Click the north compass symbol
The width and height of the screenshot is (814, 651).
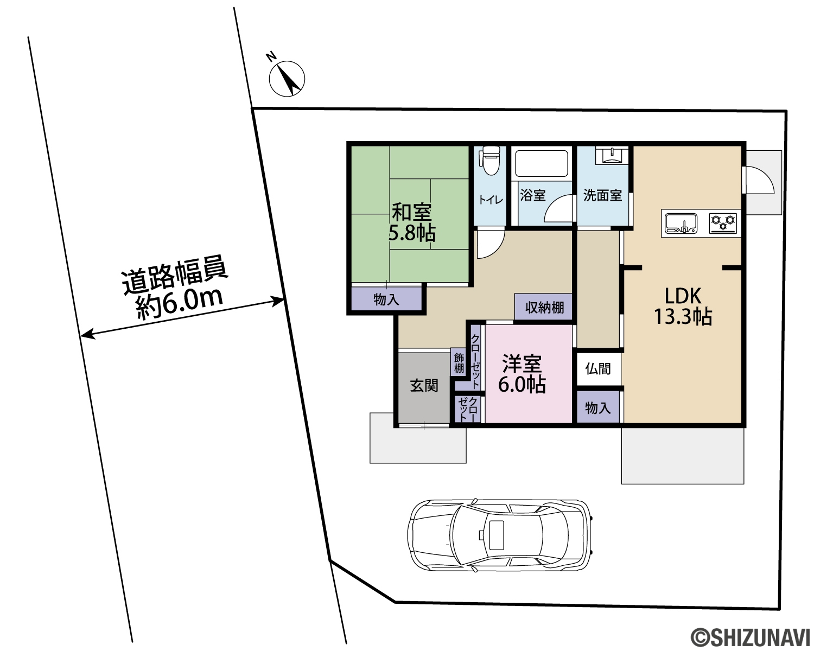click(287, 78)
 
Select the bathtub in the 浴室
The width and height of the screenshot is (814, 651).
click(542, 163)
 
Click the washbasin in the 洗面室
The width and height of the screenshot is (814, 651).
click(612, 155)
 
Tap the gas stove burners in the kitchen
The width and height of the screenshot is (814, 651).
click(723, 223)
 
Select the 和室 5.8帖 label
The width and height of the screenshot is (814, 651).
click(412, 222)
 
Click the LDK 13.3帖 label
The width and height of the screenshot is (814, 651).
click(683, 307)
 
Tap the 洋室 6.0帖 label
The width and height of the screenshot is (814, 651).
click(522, 374)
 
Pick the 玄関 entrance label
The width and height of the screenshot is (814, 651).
click(424, 386)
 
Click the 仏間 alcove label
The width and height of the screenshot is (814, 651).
click(598, 368)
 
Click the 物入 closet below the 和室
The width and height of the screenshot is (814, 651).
click(386, 299)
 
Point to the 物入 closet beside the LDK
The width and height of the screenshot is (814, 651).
click(598, 407)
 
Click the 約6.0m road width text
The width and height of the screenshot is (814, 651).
click(179, 305)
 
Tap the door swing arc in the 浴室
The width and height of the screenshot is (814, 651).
click(559, 208)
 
